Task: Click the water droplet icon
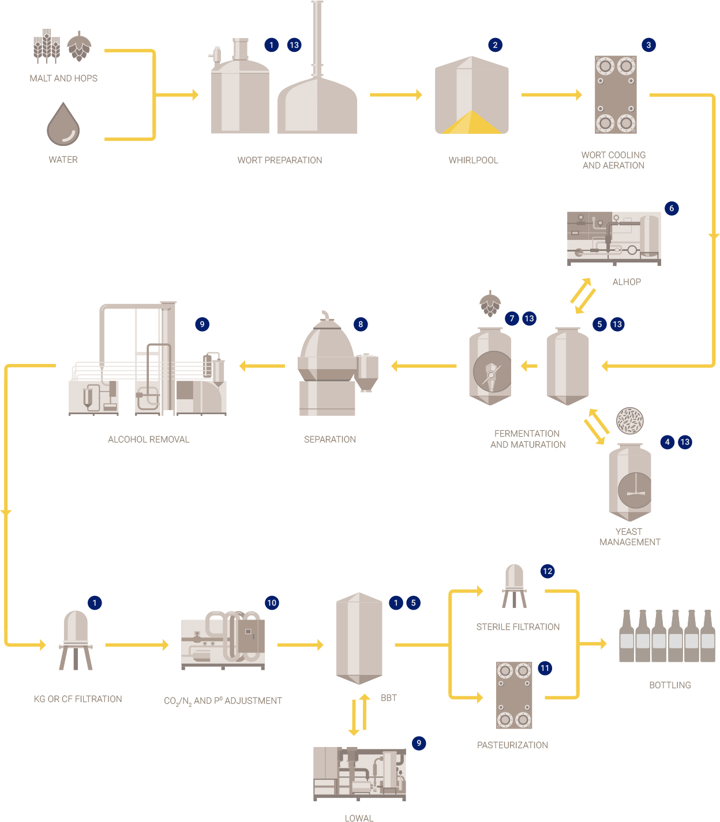click(63, 125)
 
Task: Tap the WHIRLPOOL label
click(473, 160)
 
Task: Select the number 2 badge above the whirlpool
click(495, 45)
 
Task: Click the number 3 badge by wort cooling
click(648, 45)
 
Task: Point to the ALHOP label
click(627, 282)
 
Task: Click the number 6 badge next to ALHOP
click(672, 208)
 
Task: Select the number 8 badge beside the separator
click(361, 324)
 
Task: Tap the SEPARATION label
click(330, 440)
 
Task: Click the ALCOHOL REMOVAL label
click(149, 440)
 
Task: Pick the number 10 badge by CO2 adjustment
click(272, 603)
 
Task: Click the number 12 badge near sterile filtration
click(547, 571)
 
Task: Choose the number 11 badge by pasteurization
click(545, 668)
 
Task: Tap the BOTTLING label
click(670, 685)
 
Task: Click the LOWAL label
click(359, 818)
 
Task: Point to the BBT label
click(389, 698)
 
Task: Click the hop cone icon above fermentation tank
click(490, 303)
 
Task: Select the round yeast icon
click(629, 421)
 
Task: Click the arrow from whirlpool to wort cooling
click(551, 95)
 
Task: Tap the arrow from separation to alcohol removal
click(262, 366)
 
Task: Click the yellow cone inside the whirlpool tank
click(472, 123)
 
